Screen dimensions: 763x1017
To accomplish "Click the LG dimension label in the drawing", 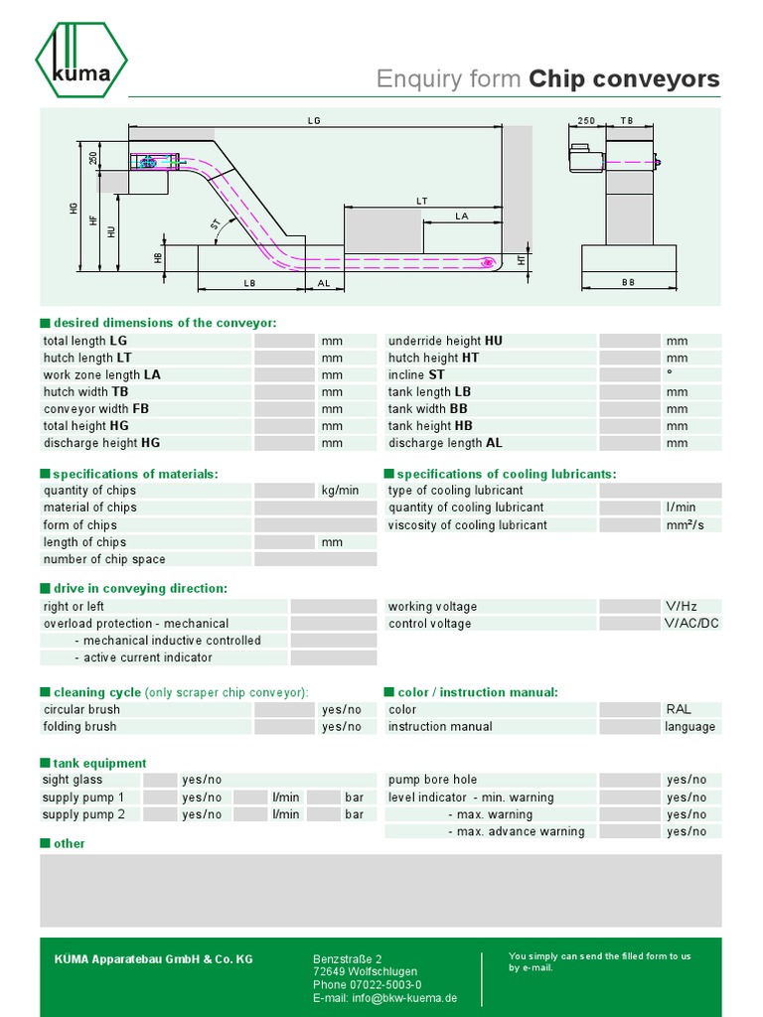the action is [315, 120].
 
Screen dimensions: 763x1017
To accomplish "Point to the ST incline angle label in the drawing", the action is [215, 225].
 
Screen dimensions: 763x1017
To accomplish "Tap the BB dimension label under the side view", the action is [628, 283].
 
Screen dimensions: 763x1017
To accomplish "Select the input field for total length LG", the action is [284, 341].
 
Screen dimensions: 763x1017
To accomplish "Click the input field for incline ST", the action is [630, 374].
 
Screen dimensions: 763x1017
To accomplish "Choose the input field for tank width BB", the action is [630, 409].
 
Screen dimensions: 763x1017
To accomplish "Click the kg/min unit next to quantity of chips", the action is [340, 491].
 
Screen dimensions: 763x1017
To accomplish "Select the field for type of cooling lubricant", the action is [660, 491].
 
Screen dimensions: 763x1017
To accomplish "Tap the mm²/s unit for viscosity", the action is [686, 525].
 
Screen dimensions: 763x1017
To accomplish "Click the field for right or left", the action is [333, 607].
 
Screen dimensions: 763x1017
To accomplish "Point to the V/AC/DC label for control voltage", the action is [691, 624].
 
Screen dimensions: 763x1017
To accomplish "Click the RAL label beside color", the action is [680, 710].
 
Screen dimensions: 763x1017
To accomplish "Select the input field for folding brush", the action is [284, 727].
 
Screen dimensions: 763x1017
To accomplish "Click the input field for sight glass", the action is [160, 781].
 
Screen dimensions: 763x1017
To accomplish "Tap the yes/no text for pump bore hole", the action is [687, 781].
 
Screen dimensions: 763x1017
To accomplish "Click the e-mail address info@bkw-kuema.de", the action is [384, 998].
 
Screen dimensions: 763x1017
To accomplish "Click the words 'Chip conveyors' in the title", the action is [624, 79].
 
